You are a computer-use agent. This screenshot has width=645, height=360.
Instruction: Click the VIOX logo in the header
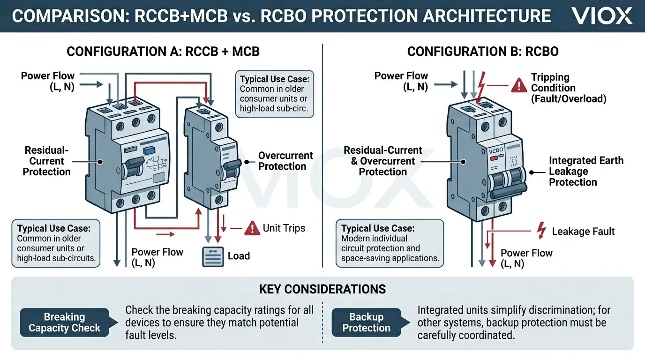602,16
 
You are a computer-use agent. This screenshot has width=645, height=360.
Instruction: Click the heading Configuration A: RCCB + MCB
163,52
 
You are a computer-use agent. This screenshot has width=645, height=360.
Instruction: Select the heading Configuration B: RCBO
483,52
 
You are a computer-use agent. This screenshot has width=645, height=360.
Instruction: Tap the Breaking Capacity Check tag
65,322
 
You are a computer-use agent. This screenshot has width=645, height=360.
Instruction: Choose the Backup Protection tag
366,322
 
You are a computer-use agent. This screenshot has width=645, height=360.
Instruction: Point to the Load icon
213,257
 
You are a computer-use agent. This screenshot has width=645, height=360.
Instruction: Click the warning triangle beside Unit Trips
252,228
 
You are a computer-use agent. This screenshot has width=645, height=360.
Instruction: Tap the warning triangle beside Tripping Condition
519,85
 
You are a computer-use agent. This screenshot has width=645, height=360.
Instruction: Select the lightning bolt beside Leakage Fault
541,231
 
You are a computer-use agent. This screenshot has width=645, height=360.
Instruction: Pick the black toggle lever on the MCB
231,165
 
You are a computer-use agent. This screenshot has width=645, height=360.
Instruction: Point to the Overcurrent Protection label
285,161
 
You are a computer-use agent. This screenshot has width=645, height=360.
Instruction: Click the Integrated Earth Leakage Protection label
586,171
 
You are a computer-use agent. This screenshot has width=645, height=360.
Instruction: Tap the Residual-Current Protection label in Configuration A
47,161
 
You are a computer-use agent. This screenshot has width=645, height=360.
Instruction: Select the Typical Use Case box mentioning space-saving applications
390,243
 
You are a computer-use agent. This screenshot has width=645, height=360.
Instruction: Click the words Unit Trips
284,228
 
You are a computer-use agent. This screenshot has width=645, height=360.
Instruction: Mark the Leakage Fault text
583,231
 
